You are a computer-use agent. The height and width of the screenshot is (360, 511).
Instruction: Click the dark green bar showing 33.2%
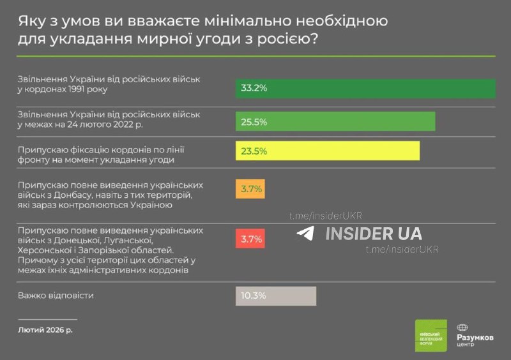pos(365,89)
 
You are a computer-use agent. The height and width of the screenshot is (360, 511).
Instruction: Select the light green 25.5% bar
pos(335,121)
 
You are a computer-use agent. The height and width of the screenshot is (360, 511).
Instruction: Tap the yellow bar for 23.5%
pos(328,151)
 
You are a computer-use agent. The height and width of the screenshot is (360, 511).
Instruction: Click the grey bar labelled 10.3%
pos(276,296)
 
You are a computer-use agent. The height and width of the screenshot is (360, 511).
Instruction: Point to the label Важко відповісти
pos(56,296)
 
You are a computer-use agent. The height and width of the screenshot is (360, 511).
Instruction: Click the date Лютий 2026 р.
pos(45,330)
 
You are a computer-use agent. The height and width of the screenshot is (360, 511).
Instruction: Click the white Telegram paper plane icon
pos(305,234)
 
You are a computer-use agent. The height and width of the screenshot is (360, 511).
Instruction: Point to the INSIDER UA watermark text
pos(374,234)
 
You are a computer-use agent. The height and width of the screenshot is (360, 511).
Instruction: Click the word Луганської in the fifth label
pos(128,240)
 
